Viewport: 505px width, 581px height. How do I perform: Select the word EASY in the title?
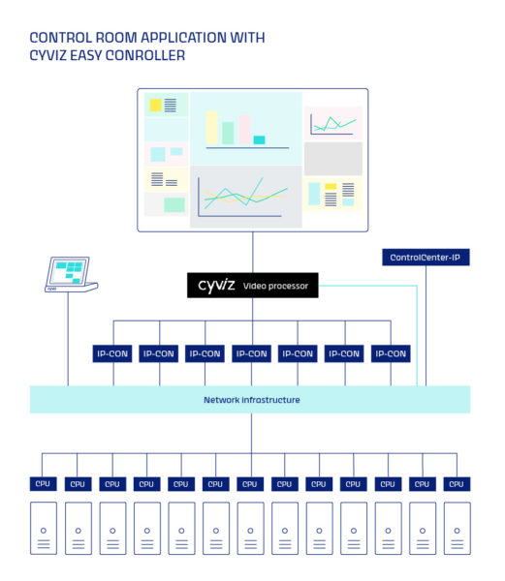(x=95, y=55)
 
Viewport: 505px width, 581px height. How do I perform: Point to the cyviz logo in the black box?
(x=216, y=286)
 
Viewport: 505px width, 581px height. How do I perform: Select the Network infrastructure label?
(x=251, y=399)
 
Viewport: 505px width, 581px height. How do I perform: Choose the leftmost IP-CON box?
(x=112, y=353)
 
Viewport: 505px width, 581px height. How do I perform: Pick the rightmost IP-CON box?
(x=390, y=353)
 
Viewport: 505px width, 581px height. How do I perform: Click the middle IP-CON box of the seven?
(x=251, y=353)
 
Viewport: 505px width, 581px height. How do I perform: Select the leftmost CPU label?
(x=44, y=483)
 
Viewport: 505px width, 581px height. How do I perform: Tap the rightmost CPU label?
(x=457, y=483)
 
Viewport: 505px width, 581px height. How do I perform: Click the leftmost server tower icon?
(x=44, y=529)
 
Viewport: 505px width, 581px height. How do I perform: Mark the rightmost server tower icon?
(x=457, y=529)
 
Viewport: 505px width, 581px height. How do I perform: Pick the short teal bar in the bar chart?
(x=259, y=140)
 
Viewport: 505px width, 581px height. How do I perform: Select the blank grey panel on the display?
(x=332, y=159)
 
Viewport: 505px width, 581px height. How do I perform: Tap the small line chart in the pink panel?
(x=332, y=123)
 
